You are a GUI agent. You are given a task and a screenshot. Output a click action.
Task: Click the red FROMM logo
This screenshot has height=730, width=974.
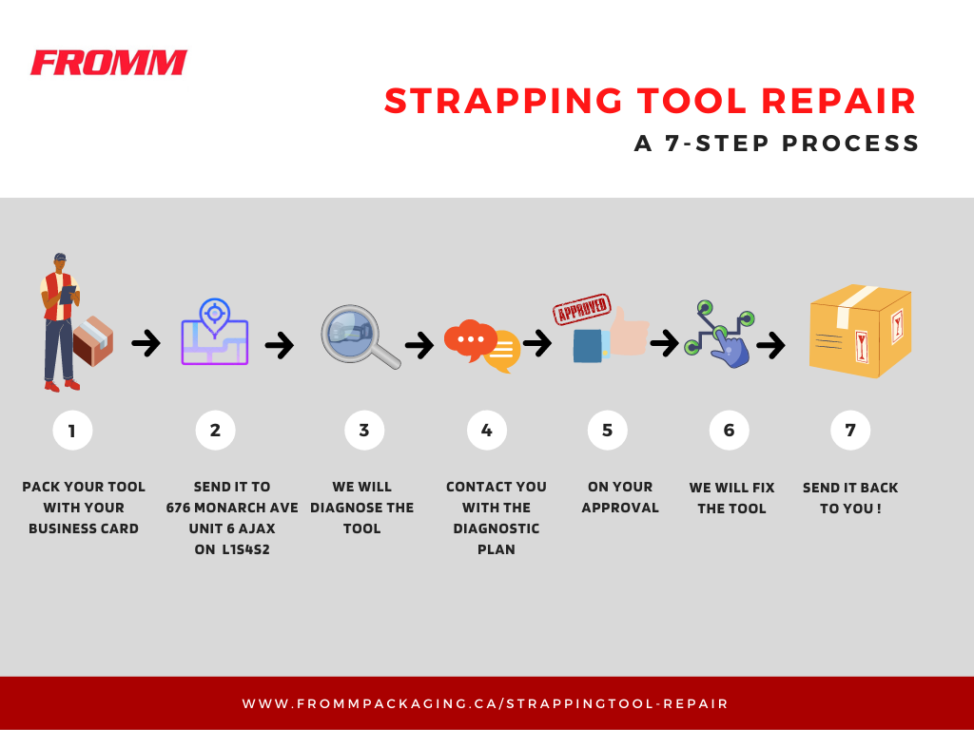pyautogui.click(x=108, y=63)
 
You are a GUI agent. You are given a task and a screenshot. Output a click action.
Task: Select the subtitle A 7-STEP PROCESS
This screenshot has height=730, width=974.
pyautogui.click(x=777, y=144)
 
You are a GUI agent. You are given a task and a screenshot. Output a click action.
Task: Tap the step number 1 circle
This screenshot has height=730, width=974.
pyautogui.click(x=72, y=431)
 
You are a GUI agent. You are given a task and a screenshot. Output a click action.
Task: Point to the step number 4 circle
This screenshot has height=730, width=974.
pyautogui.click(x=487, y=431)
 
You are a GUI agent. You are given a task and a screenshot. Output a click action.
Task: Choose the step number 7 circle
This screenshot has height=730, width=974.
pyautogui.click(x=850, y=431)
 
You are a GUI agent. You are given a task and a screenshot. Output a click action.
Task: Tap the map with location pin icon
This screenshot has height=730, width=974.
pyautogui.click(x=215, y=333)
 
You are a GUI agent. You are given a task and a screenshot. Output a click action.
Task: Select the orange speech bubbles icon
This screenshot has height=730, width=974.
pyautogui.click(x=482, y=345)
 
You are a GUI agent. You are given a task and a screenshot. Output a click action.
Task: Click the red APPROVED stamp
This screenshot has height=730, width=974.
pyautogui.click(x=582, y=310)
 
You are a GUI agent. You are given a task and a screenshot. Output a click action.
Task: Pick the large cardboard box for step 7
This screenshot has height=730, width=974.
pyautogui.click(x=859, y=332)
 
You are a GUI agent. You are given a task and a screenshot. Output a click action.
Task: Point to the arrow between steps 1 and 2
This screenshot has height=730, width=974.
pyautogui.click(x=146, y=343)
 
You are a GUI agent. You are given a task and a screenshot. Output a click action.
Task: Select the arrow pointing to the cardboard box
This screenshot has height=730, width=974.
pyautogui.click(x=770, y=344)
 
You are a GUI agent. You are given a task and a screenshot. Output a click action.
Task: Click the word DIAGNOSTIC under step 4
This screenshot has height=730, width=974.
pyautogui.click(x=496, y=528)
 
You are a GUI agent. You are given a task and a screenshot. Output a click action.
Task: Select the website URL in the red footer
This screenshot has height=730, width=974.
pyautogui.click(x=485, y=704)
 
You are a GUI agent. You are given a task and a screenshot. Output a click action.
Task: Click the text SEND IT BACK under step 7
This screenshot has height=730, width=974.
pyautogui.click(x=850, y=488)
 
